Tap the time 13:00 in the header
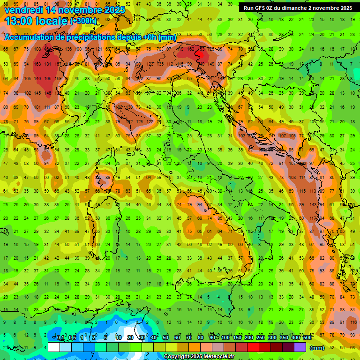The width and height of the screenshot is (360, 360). click(19, 21)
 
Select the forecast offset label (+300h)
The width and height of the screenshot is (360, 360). click(83, 21)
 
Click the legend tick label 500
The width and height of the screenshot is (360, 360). click(307, 338)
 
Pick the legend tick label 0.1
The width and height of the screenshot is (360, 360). click(61, 338)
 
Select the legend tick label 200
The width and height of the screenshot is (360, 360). click(248, 338)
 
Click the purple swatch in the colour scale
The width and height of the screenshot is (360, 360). click(300, 347)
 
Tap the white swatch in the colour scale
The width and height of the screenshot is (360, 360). click(54, 347)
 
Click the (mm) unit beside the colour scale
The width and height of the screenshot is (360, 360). click(317, 348)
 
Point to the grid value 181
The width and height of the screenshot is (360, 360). click(48, 64)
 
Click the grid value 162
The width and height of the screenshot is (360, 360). click(190, 49)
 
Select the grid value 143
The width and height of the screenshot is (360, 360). click(322, 205)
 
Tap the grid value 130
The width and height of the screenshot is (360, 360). click(129, 107)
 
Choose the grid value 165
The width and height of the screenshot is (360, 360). click(48, 78)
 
